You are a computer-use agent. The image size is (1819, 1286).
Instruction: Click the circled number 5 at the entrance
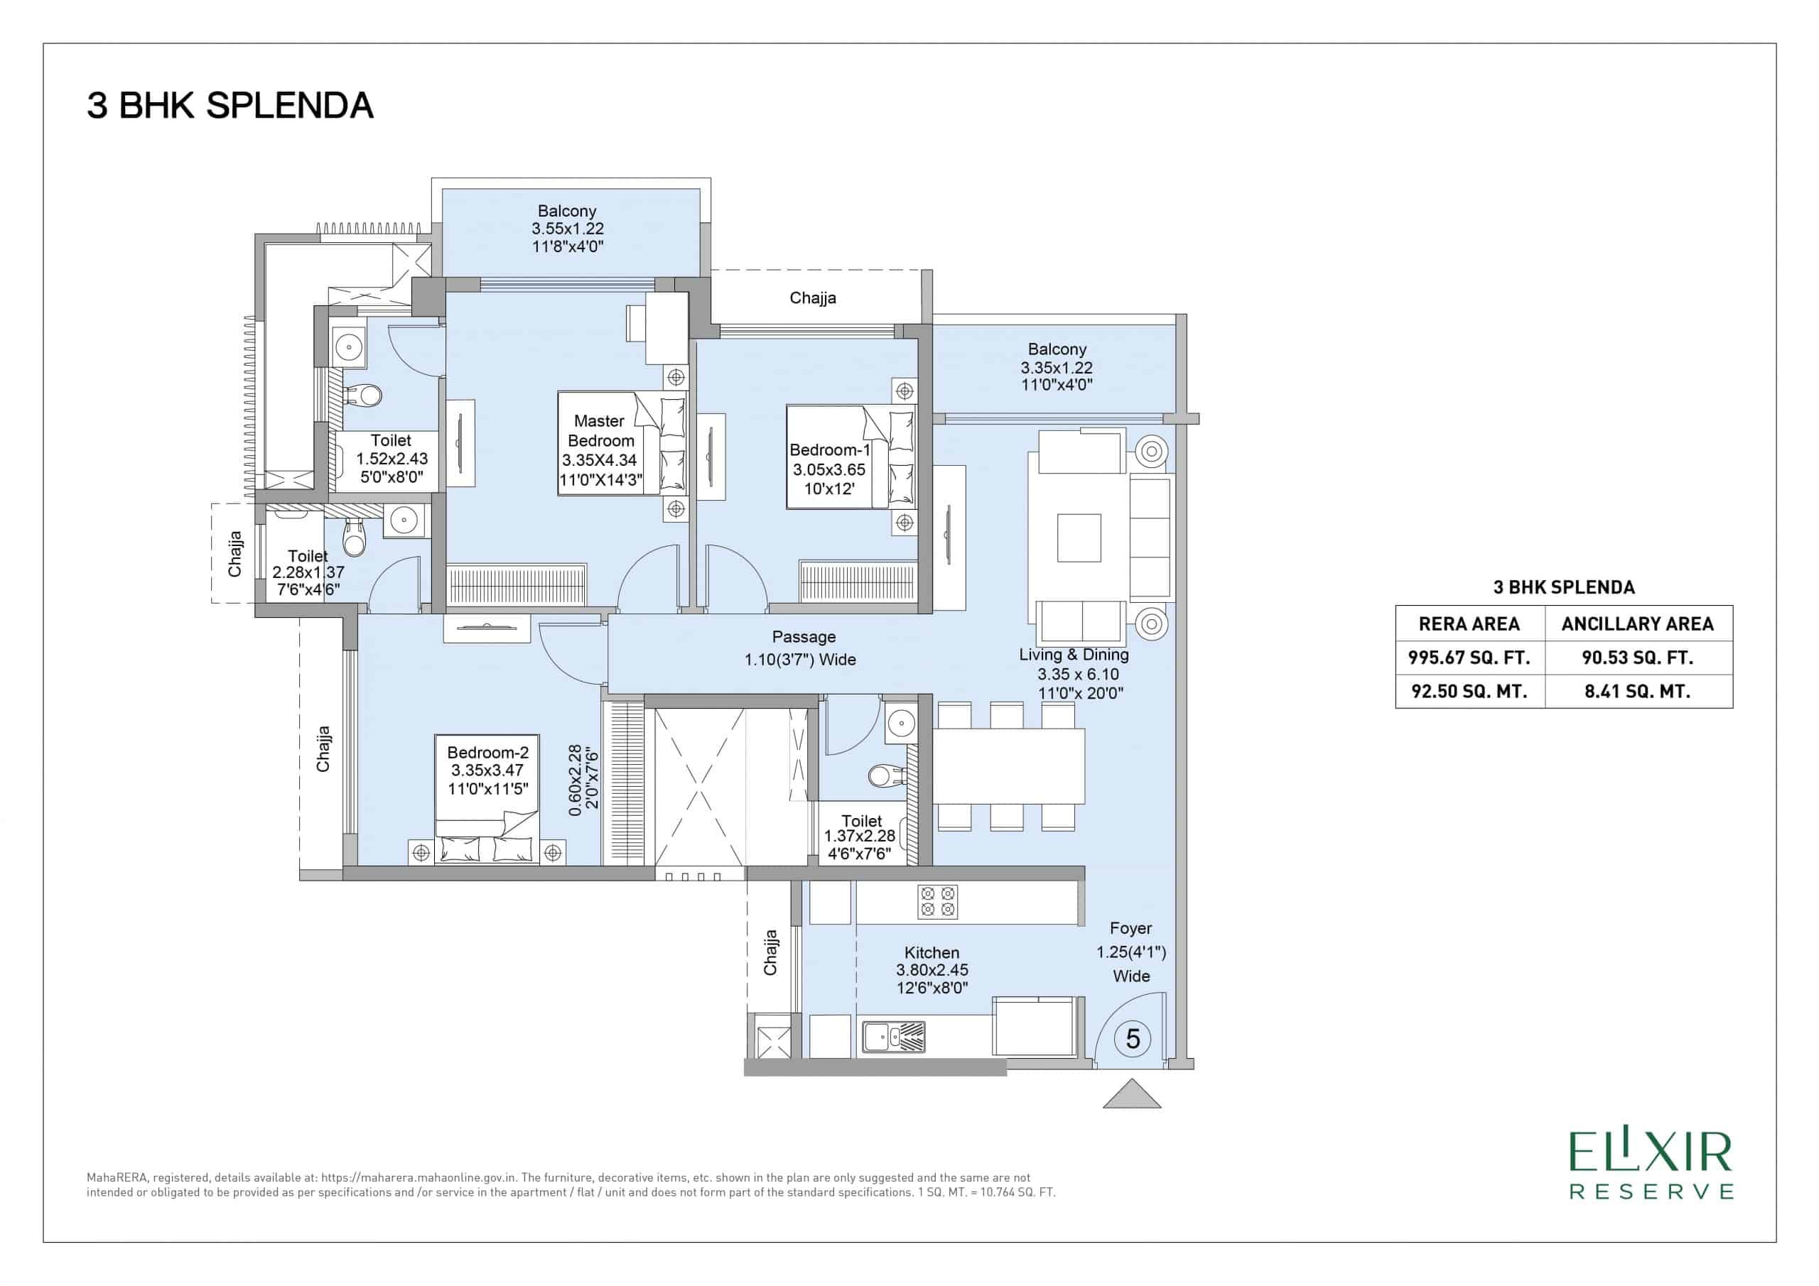pyautogui.click(x=1132, y=1038)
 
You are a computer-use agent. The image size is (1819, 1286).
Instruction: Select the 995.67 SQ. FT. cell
pyautogui.click(x=1469, y=658)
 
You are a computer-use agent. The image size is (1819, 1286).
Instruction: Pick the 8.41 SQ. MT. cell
pyautogui.click(x=1638, y=692)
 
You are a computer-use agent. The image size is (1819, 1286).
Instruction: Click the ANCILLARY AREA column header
pyautogui.click(x=1638, y=624)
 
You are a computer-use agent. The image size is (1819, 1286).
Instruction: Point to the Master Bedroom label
pyautogui.click(x=601, y=431)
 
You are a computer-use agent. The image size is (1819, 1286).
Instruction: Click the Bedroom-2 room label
pyautogui.click(x=488, y=752)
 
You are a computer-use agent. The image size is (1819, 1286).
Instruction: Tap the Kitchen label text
pyautogui.click(x=932, y=953)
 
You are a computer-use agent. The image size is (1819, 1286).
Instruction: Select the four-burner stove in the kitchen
pyautogui.click(x=937, y=902)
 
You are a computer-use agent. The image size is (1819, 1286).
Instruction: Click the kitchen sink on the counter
pyautogui.click(x=894, y=1037)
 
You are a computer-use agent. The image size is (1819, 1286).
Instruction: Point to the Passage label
pyautogui.click(x=804, y=637)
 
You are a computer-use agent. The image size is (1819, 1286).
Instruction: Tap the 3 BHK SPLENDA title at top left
pyautogui.click(x=230, y=106)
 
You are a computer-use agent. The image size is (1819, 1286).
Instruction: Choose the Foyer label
pyautogui.click(x=1130, y=928)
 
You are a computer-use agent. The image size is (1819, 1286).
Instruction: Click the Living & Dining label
pyautogui.click(x=1074, y=655)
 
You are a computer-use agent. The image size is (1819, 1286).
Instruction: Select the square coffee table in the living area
pyautogui.click(x=1079, y=538)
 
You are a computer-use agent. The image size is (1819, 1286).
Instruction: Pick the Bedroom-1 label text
pyautogui.click(x=829, y=449)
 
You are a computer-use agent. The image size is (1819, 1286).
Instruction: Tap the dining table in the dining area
pyautogui.click(x=1008, y=765)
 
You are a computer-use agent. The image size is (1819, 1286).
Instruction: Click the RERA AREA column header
pyautogui.click(x=1469, y=624)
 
